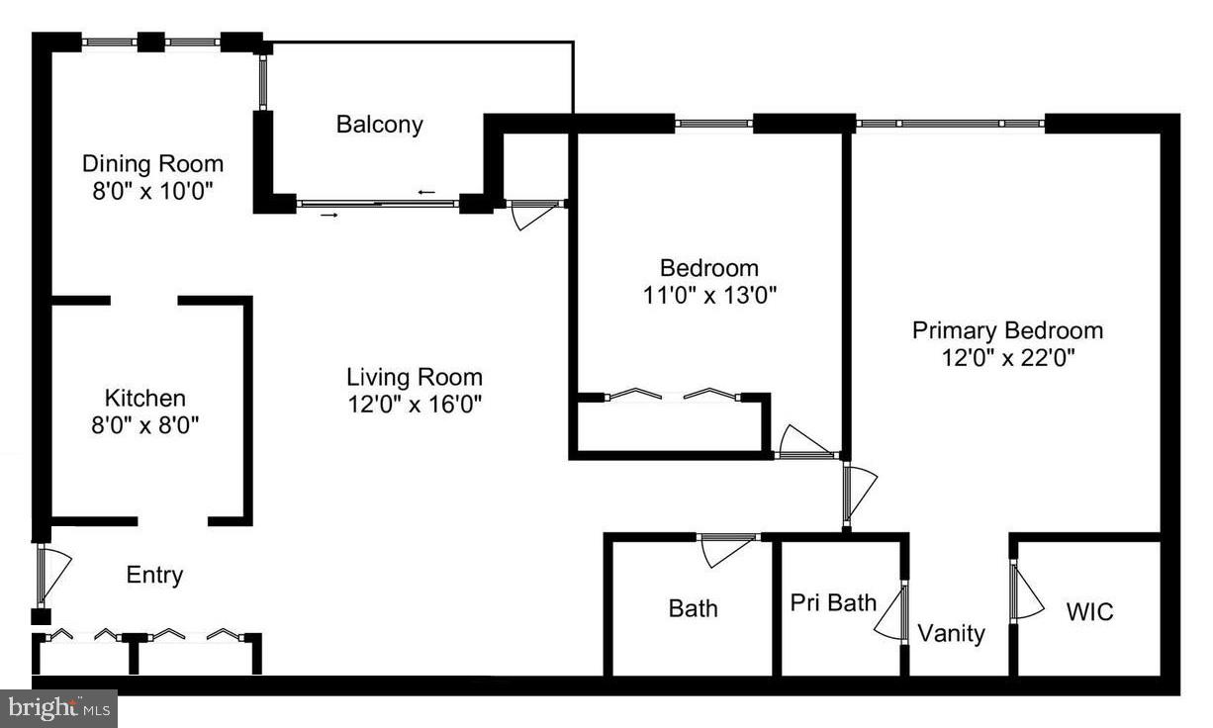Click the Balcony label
[x=379, y=125]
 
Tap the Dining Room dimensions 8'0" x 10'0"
[x=152, y=190]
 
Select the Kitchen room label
[x=144, y=399]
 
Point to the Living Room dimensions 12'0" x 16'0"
[x=415, y=404]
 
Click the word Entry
[x=154, y=576]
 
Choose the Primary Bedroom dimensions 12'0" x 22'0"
[x=1007, y=357]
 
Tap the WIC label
[x=1089, y=612]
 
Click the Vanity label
[x=951, y=633]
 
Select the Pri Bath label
[x=833, y=602]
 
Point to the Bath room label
[x=693, y=608]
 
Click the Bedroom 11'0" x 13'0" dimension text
[x=709, y=295]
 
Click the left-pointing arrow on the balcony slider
[x=426, y=192]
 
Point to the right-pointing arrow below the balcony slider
[x=329, y=215]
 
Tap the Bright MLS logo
[x=59, y=707]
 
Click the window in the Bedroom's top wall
[x=714, y=124]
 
